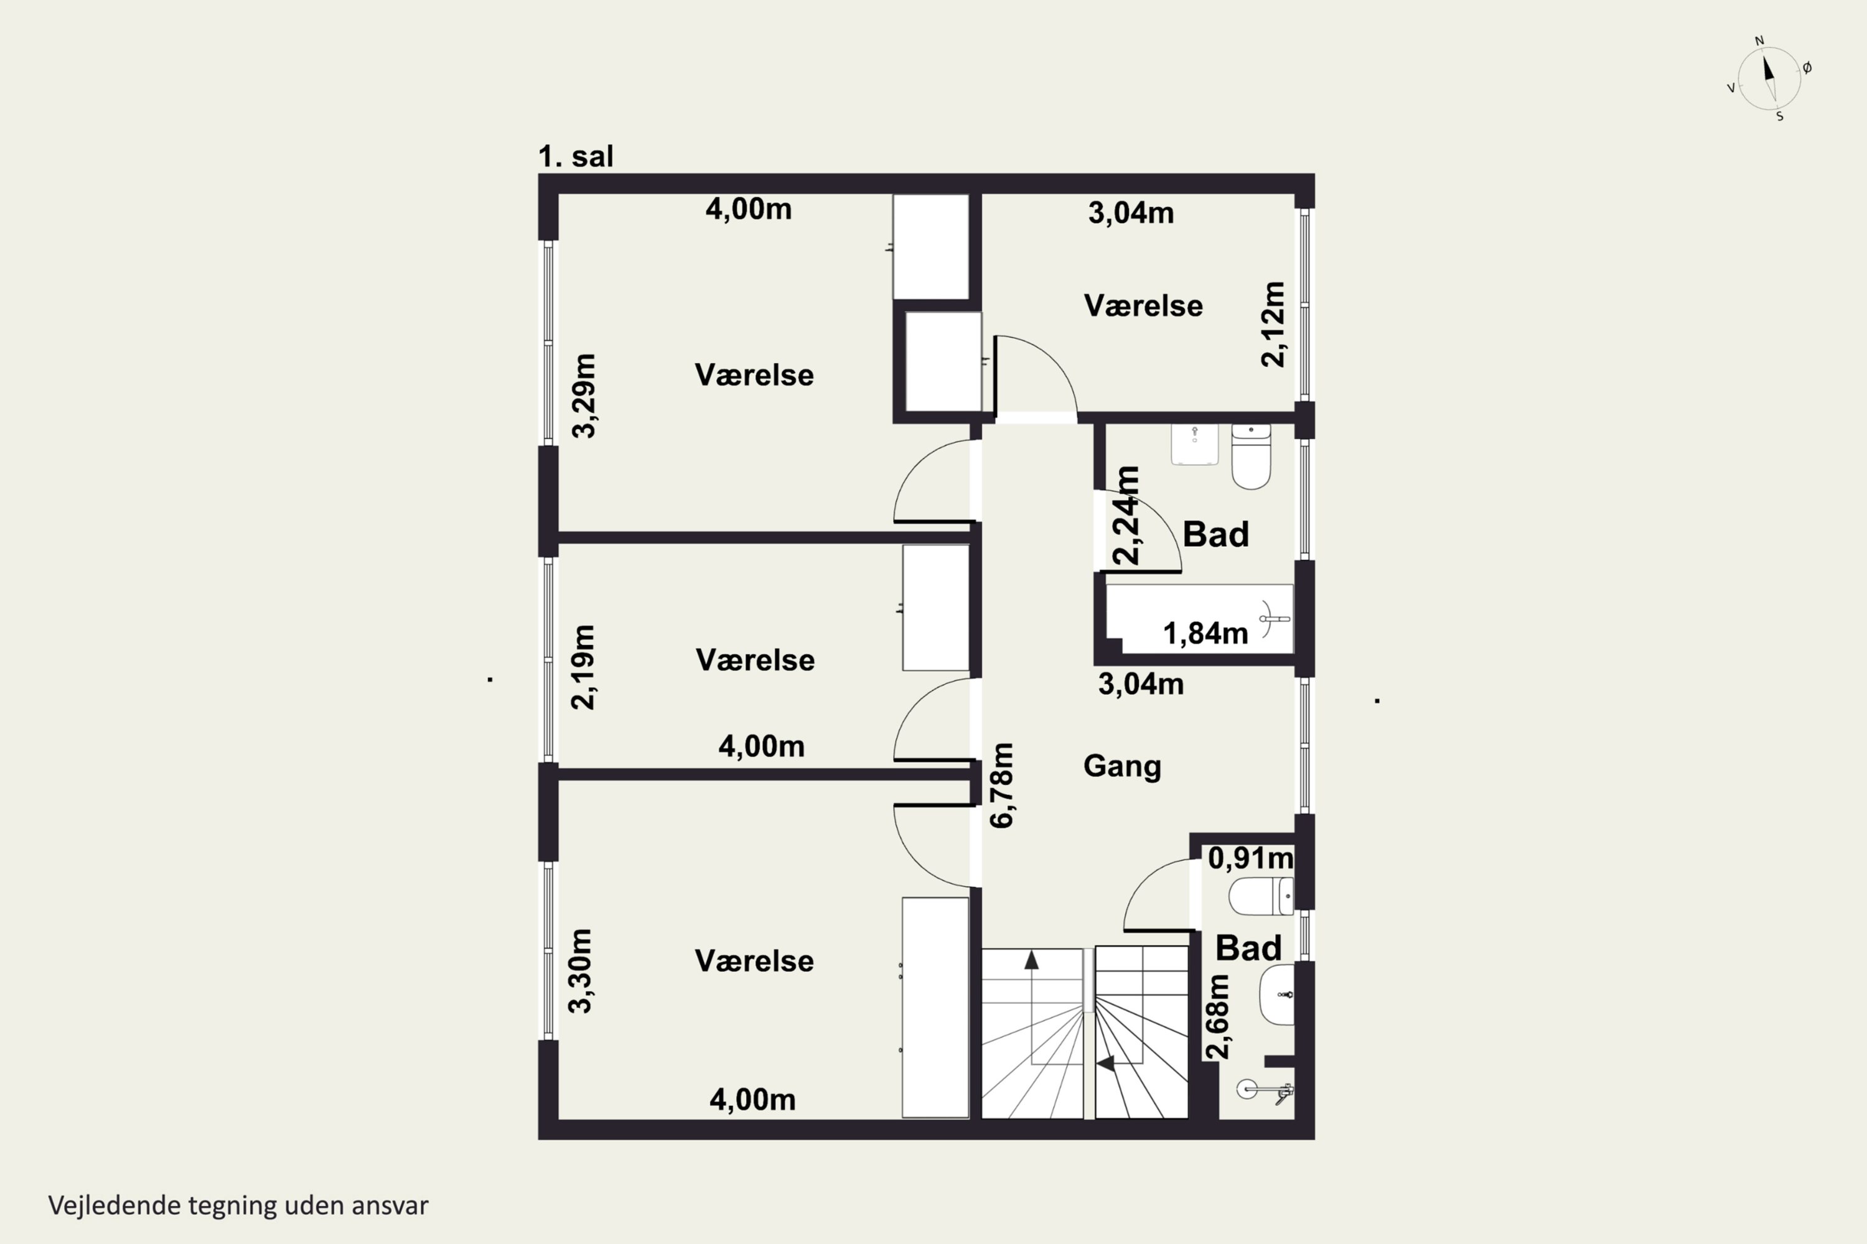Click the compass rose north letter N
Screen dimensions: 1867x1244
[1759, 40]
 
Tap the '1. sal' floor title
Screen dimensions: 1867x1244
[576, 156]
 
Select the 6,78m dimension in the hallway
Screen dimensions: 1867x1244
[1003, 786]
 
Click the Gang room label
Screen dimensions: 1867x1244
[1121, 766]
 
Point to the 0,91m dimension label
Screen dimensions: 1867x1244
[1251, 858]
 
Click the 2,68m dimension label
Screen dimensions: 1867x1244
[1218, 1016]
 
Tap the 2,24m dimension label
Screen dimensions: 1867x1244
[1127, 515]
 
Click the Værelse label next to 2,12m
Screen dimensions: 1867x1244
[1143, 305]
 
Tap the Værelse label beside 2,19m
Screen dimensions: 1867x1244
[755, 660]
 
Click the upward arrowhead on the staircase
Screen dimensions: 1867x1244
[1031, 960]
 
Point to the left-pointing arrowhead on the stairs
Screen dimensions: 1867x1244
[1106, 1063]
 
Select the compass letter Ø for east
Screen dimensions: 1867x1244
[1807, 68]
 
